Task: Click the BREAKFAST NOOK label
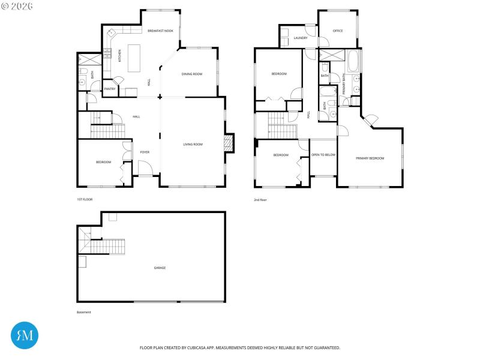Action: pos(160,31)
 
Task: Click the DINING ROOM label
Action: pos(192,74)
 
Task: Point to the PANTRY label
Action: pos(110,89)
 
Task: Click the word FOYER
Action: pos(145,152)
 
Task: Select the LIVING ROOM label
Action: pos(193,144)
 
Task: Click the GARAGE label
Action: pos(160,268)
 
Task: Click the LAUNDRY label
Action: pos(301,38)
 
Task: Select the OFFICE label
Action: pos(338,31)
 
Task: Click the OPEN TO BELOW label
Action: pos(323,155)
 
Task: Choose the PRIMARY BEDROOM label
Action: pos(370,158)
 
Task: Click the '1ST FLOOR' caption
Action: pos(85,199)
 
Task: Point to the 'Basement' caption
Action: pos(84,313)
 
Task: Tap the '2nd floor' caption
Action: pos(260,199)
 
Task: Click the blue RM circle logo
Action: pos(25,335)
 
